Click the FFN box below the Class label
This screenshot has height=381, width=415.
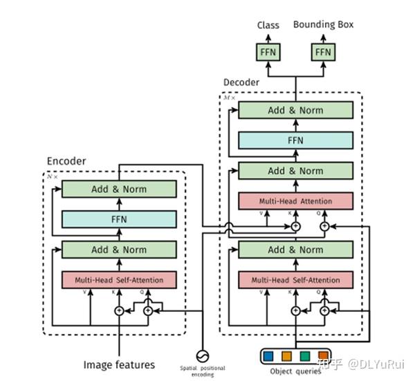point(268,52)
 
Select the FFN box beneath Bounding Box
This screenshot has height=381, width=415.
point(323,52)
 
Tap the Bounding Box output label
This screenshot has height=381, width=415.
point(323,25)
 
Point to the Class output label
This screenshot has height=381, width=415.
point(268,26)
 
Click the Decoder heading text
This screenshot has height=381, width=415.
point(241,82)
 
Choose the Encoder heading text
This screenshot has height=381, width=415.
point(66,161)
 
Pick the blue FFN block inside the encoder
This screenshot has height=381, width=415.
point(119,219)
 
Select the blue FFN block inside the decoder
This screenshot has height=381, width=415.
point(295,140)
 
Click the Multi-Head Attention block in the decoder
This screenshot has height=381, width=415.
point(295,201)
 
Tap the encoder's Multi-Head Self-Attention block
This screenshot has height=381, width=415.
point(119,280)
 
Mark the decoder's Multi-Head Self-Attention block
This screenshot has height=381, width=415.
point(295,280)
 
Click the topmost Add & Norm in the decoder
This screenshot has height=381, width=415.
point(295,110)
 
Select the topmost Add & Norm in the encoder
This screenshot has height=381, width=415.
point(119,189)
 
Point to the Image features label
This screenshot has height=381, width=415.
point(119,364)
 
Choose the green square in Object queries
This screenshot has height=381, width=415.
point(305,357)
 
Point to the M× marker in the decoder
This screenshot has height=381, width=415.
point(229,97)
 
